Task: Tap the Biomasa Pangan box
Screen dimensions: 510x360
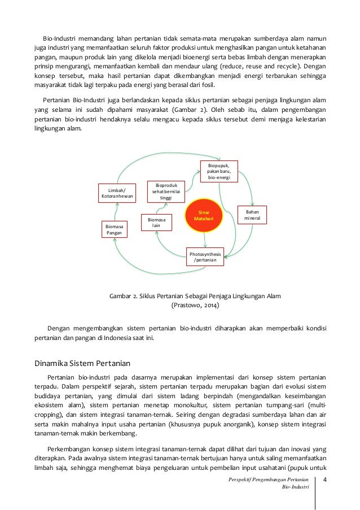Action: click(115, 228)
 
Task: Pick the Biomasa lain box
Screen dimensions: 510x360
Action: click(155, 222)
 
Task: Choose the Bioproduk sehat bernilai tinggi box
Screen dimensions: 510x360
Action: click(166, 191)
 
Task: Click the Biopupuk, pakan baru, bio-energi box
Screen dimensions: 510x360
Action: click(219, 171)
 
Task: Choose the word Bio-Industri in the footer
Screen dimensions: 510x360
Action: click(296, 487)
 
